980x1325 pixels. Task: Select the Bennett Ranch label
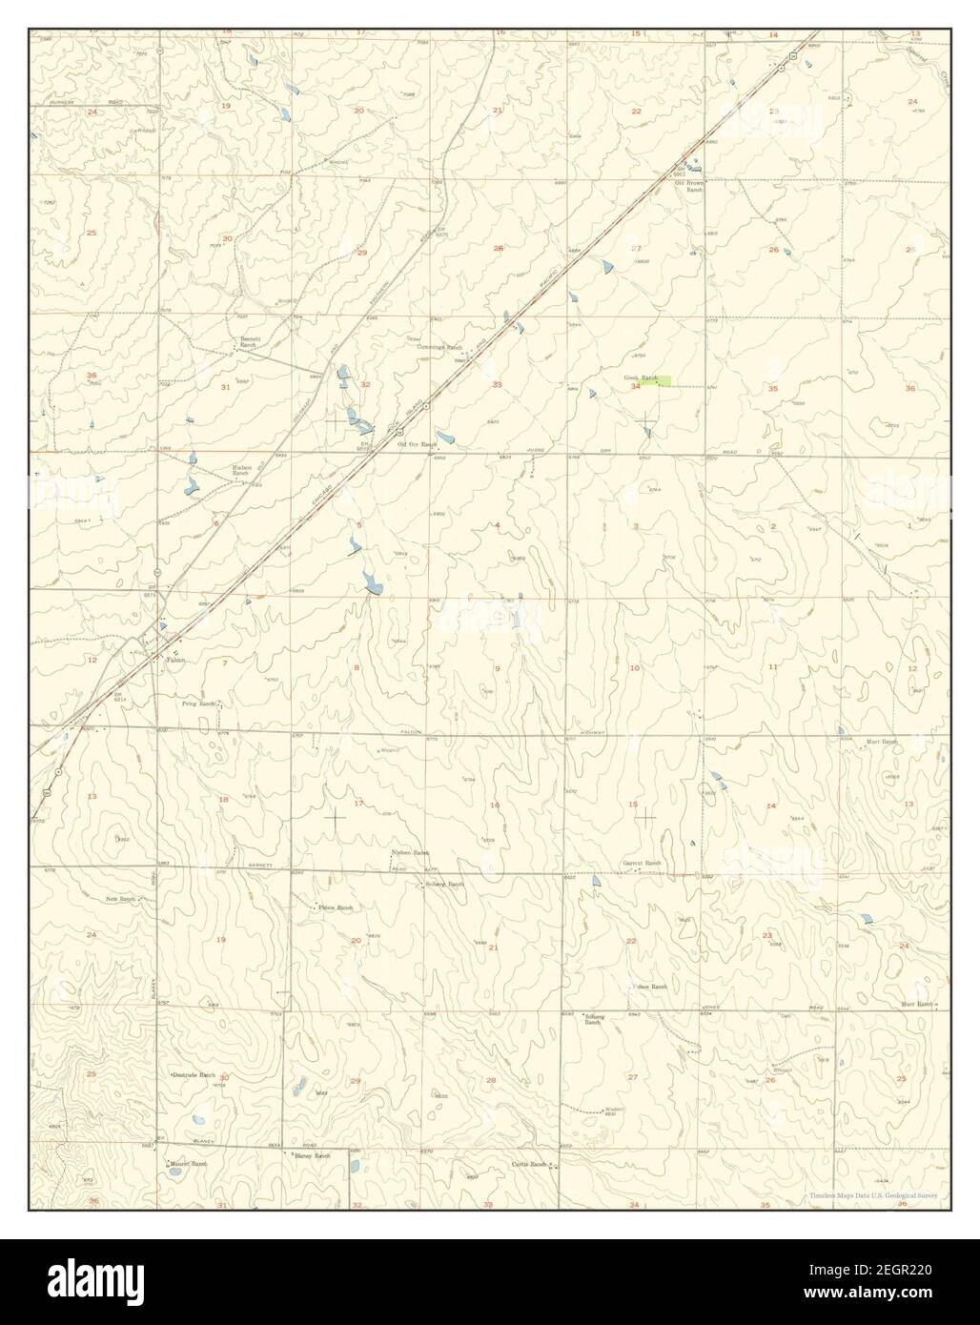click(249, 340)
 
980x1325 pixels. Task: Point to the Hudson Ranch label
click(243, 470)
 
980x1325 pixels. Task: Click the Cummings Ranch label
click(439, 347)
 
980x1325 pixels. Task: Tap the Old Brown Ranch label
click(688, 187)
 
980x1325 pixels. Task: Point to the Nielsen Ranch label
click(410, 853)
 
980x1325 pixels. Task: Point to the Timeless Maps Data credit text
click(873, 1195)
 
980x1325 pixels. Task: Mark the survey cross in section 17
click(336, 817)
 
